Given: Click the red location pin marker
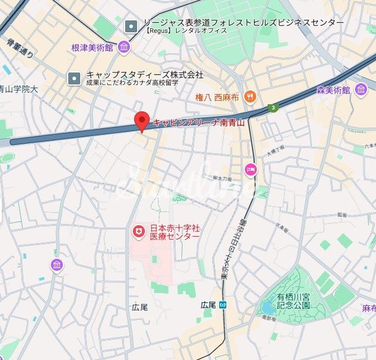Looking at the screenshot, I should (141, 120).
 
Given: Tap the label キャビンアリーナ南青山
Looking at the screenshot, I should (199, 122).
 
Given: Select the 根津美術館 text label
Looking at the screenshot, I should (92, 47).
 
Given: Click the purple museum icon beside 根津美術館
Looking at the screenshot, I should (124, 47).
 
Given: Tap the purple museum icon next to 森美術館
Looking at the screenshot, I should (360, 90).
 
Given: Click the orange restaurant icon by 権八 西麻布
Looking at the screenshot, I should (250, 96).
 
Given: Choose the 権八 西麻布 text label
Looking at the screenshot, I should (217, 96).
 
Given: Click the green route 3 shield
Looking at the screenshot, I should (274, 107).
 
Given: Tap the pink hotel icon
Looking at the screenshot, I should (250, 170).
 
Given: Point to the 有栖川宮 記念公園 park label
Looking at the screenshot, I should (293, 301).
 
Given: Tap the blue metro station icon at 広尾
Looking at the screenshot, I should (222, 305).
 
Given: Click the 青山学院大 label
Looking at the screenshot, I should (18, 89).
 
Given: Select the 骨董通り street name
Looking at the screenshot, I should (20, 49).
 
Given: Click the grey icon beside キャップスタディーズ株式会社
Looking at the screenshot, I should (74, 78).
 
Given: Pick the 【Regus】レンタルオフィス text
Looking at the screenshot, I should (186, 30).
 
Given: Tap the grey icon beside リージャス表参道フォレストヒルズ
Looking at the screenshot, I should (131, 26).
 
